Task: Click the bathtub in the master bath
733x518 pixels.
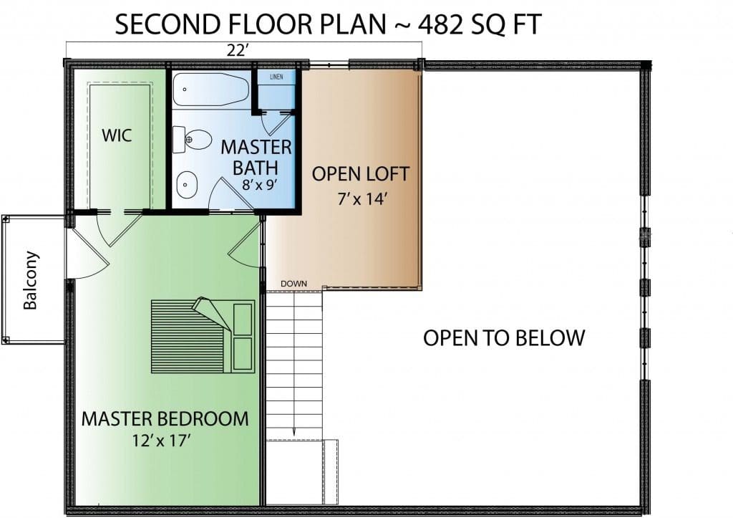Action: tap(211, 89)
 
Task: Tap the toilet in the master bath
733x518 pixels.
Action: tap(192, 140)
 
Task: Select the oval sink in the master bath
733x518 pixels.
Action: tap(187, 184)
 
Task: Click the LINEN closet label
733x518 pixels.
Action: tap(276, 77)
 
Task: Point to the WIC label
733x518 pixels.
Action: tap(117, 135)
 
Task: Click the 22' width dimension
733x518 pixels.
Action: tap(236, 51)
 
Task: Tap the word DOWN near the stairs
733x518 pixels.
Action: tap(294, 284)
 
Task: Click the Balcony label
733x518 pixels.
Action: tap(30, 280)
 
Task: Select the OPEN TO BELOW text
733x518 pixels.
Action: tap(504, 338)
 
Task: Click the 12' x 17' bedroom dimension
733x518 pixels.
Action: tap(161, 441)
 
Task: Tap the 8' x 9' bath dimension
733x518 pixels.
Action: tap(260, 184)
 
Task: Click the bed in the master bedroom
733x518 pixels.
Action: tap(203, 335)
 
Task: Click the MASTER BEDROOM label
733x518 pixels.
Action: tap(165, 419)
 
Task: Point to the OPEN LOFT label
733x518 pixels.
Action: tap(361, 174)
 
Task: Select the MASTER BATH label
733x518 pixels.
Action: tap(256, 158)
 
